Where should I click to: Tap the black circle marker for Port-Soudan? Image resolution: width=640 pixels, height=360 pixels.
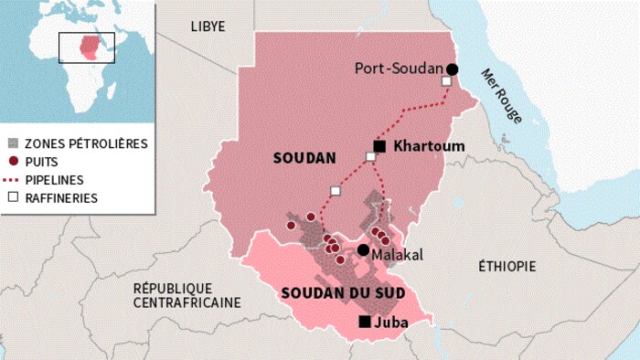(452, 69)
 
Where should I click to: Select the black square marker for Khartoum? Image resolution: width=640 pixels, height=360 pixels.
(379, 146)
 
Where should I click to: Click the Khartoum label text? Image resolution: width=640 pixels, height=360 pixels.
(429, 146)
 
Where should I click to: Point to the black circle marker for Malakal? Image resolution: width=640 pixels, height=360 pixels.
(363, 250)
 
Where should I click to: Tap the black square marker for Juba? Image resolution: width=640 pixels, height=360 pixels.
(365, 322)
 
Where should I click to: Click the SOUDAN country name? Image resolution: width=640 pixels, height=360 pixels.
(304, 158)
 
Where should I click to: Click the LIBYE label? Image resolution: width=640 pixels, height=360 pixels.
(208, 26)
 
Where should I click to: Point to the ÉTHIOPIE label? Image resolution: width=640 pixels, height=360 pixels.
(507, 266)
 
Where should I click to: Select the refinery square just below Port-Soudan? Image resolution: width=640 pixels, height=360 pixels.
(446, 82)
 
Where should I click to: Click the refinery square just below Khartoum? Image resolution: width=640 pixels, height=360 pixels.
(370, 157)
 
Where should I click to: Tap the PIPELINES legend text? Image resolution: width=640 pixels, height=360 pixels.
(54, 179)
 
